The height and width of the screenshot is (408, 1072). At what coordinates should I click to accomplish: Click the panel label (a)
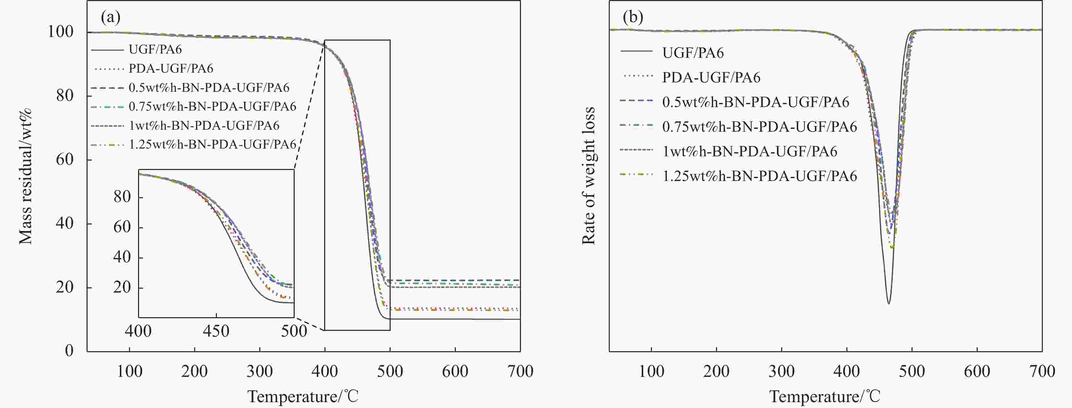(111, 18)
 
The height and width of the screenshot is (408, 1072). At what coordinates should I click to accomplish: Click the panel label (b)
(633, 18)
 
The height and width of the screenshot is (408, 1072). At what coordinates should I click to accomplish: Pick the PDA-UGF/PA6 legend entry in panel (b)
(711, 78)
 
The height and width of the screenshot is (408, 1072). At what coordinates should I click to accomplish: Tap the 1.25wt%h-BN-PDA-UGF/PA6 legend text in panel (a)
(212, 144)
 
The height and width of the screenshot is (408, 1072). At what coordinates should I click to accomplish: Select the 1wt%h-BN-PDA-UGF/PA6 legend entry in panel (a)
(204, 125)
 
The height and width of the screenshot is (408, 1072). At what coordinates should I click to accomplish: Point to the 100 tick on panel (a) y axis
(60, 32)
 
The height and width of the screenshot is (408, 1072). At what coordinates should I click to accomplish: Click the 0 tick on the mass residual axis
(69, 351)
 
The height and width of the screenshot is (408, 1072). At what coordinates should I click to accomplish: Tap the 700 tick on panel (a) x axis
(520, 371)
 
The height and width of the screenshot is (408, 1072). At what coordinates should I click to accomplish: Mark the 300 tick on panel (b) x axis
(782, 371)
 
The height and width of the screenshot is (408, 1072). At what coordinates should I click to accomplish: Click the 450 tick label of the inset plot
(216, 331)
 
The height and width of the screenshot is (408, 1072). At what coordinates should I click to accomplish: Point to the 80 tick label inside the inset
(122, 197)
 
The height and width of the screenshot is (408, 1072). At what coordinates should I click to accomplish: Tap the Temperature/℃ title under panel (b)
(825, 396)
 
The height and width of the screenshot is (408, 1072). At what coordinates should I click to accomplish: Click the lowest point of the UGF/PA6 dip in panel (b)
(889, 304)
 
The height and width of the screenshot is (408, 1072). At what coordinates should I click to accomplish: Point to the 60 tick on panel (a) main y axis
(65, 160)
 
